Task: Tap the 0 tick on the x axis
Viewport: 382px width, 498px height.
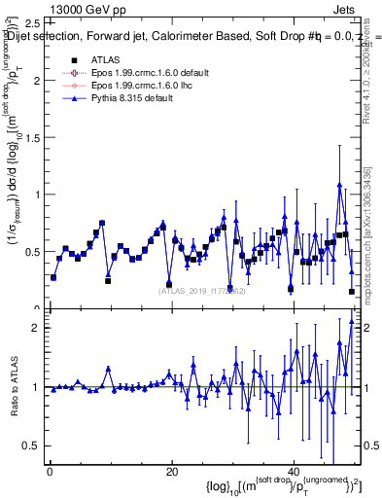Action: tap(49, 473)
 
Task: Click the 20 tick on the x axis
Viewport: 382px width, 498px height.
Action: tap(171, 473)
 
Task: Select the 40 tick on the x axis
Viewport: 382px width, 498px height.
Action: tap(294, 473)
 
